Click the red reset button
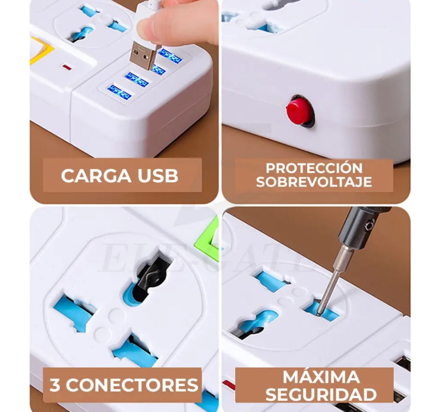pos(299,111)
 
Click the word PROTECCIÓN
pos(314,168)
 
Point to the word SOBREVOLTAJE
pos(314,182)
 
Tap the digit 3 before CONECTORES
pos(55,385)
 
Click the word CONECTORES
pos(132,385)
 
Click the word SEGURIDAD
pos(321,394)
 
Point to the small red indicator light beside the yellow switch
pos(67,67)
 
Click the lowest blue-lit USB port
pos(120,92)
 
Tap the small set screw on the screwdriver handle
pos(369,225)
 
